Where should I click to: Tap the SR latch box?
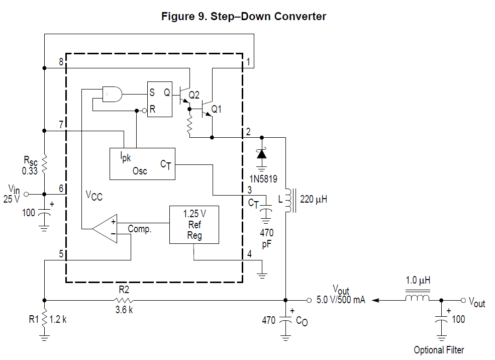coord(159,100)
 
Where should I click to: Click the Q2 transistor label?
coord(194,94)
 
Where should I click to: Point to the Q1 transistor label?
coord(217,109)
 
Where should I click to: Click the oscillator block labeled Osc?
coord(142,164)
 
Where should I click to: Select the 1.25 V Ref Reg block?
coord(194,225)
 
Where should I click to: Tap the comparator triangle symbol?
coord(107,229)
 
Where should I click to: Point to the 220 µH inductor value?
coord(314,199)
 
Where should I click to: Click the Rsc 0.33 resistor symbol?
coord(44,163)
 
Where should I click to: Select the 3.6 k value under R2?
coord(124,310)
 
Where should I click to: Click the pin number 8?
coord(61,62)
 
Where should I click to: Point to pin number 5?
coord(61,254)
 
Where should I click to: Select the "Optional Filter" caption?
coord(439,350)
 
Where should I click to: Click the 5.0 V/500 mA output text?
coord(341,300)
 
